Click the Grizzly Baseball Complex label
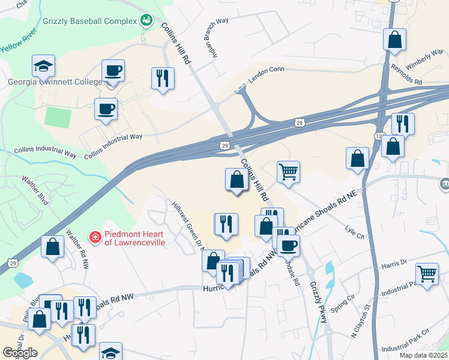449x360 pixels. pos(90,22)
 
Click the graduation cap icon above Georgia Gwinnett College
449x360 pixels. pos(44,65)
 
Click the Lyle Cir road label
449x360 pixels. pos(355,231)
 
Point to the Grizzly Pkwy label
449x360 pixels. pos(319,302)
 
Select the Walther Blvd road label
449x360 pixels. pos(34,188)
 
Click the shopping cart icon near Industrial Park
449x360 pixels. pos(427,274)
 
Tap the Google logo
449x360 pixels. pos(20,352)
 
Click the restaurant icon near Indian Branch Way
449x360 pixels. pos(163,77)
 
